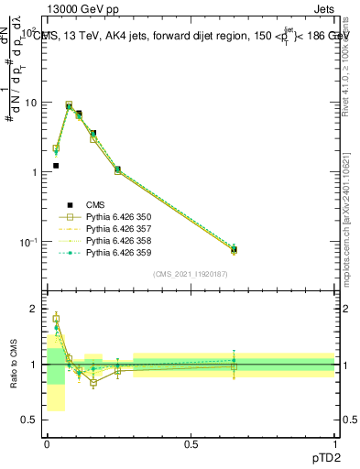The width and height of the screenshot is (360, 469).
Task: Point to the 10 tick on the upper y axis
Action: point(32,103)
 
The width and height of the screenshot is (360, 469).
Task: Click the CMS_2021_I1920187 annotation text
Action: point(191,274)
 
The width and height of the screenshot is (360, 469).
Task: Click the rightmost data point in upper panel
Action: point(234,249)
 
